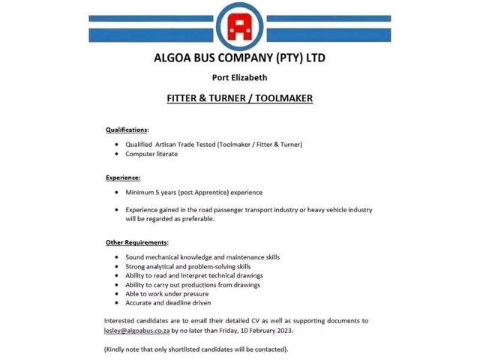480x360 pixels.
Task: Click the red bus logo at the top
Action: pyautogui.click(x=239, y=28)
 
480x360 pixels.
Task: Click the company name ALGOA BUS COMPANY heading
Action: pyautogui.click(x=239, y=58)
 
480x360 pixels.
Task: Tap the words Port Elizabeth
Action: pyautogui.click(x=239, y=77)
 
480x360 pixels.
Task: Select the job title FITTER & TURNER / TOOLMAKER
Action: pyautogui.click(x=239, y=98)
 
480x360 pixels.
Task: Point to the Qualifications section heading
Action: pyautogui.click(x=127, y=130)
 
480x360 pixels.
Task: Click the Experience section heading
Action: pyautogui.click(x=123, y=178)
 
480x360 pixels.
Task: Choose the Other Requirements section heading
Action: pyautogui.click(x=136, y=242)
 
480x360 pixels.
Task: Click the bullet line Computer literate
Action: pyautogui.click(x=151, y=154)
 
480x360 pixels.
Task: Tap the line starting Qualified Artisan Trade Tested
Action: pyautogui.click(x=213, y=144)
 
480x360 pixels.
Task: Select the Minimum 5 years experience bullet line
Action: pyautogui.click(x=193, y=192)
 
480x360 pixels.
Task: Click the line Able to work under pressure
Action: pyautogui.click(x=166, y=294)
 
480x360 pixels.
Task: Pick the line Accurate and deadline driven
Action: pyautogui.click(x=168, y=303)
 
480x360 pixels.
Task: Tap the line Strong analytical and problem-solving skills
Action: pyautogui.click(x=187, y=266)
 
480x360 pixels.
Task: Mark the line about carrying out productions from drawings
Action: pyautogui.click(x=193, y=285)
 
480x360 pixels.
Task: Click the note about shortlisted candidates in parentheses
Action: pyautogui.click(x=196, y=349)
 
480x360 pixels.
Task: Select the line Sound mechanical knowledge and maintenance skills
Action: pyautogui.click(x=202, y=257)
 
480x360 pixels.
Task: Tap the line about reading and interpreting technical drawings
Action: pyautogui.click(x=193, y=275)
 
